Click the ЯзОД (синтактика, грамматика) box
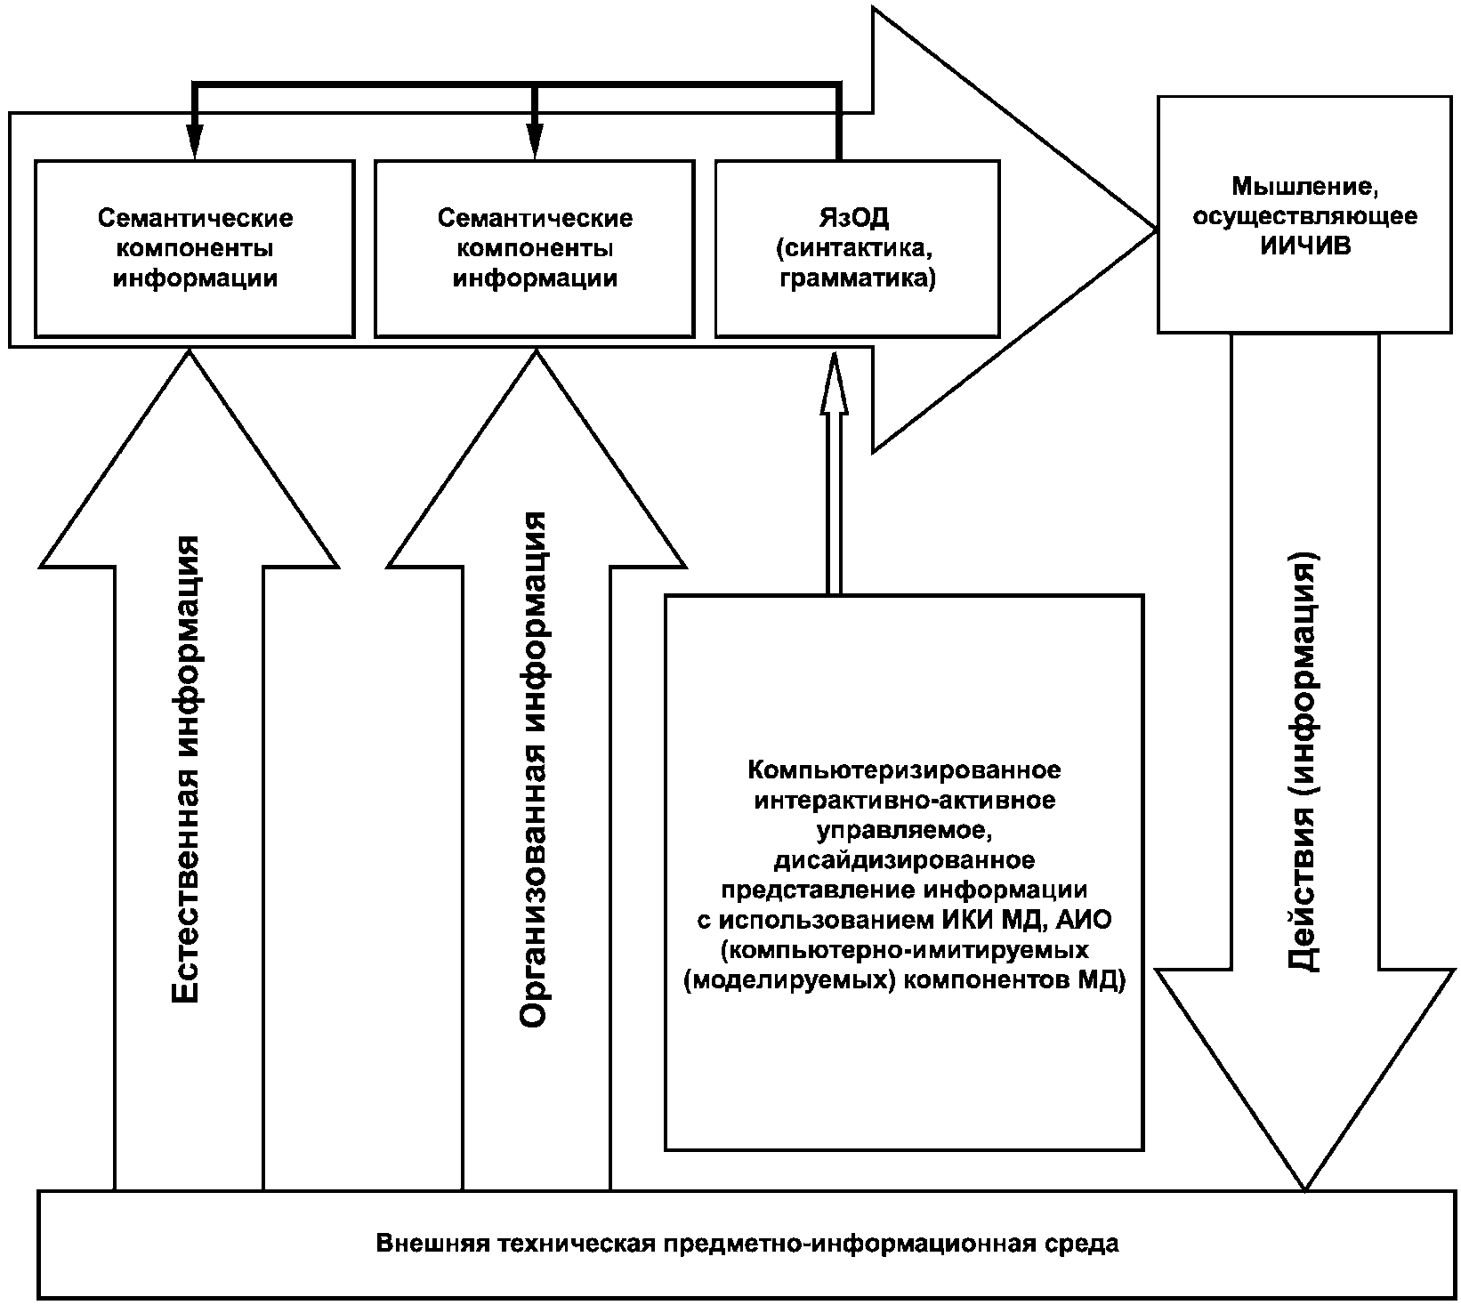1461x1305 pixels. (857, 248)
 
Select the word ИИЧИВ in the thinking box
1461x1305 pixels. (1305, 246)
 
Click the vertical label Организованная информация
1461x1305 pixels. (534, 769)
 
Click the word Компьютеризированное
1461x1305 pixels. (905, 769)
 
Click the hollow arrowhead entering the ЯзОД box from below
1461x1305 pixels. (834, 383)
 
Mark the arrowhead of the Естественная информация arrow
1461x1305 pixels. (190, 458)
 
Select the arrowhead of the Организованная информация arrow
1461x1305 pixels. (537, 458)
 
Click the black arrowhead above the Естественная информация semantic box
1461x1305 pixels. (195, 141)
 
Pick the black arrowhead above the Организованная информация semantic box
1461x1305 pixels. (535, 141)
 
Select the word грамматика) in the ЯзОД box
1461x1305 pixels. (858, 278)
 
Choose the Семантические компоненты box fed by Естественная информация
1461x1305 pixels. (195, 248)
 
